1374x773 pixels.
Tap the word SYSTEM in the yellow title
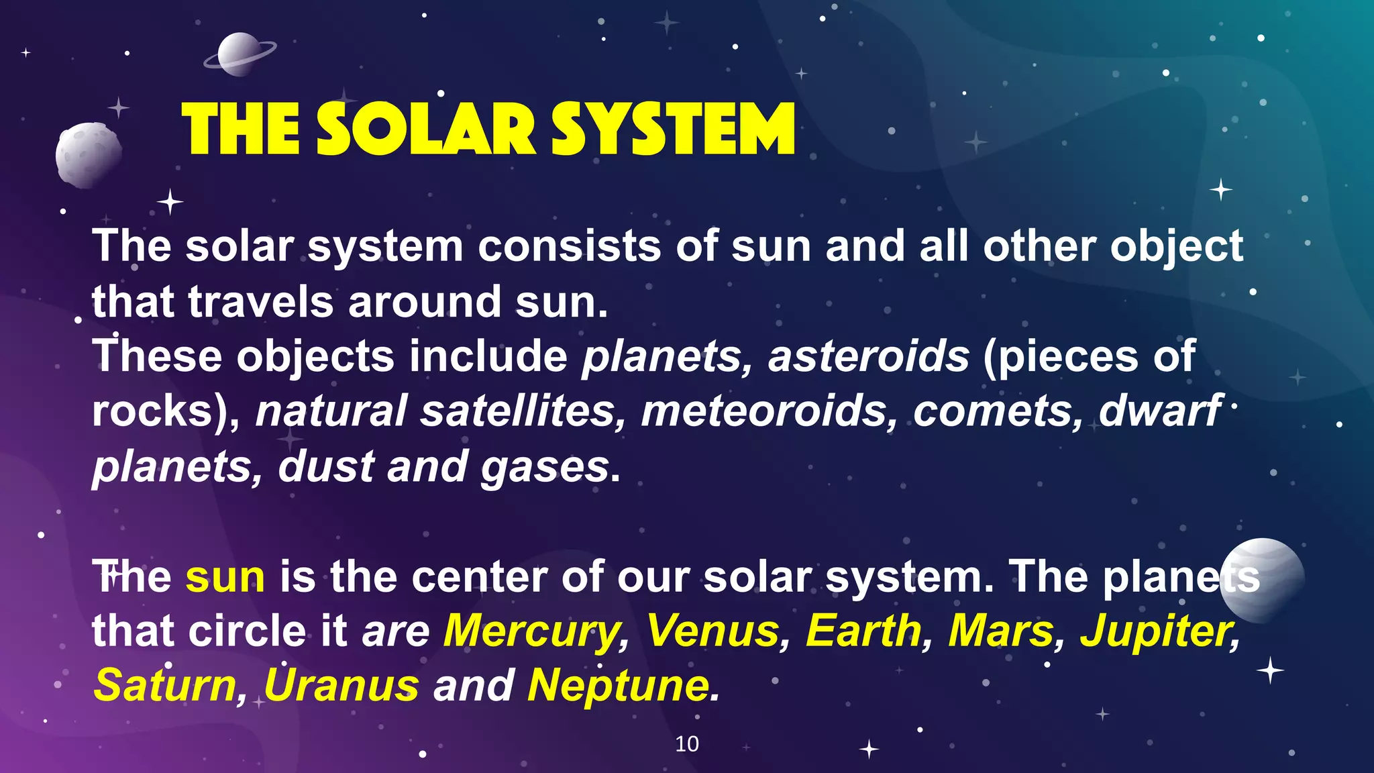pos(673,130)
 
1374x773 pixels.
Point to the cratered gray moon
pos(88,155)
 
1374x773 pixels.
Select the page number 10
pos(686,743)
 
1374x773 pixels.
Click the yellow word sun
pos(225,577)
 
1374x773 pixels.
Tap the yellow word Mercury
pos(532,632)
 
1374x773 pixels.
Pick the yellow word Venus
pos(712,632)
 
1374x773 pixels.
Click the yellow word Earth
pos(864,632)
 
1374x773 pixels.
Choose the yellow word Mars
pos(1000,632)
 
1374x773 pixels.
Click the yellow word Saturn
pos(165,686)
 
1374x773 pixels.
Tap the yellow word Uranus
pos(341,686)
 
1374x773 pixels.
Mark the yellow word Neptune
pos(618,686)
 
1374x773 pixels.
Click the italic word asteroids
pos(868,356)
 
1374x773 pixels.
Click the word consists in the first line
pos(569,246)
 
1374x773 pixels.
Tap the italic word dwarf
pos(1159,411)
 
